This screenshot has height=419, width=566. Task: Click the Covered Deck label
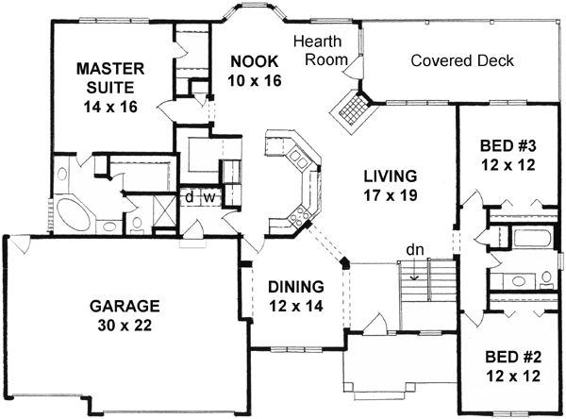pos(462,61)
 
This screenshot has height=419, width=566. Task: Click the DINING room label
pos(296,286)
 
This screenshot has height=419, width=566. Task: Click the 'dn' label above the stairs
pos(414,250)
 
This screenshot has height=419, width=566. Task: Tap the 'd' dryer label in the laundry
pos(189,198)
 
